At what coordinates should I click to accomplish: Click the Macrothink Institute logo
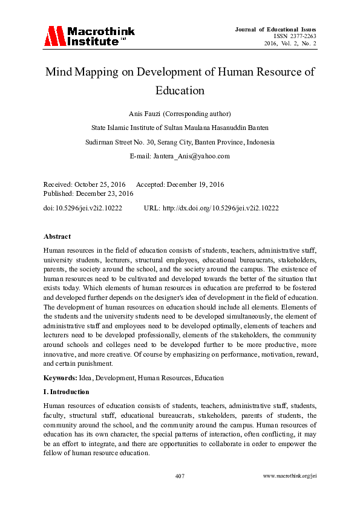[x=89, y=36]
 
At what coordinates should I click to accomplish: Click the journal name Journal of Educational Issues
[x=277, y=29]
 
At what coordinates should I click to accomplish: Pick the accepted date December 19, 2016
[x=195, y=184]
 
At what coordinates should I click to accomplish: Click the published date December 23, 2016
[x=106, y=193]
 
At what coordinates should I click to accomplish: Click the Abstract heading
[x=57, y=236]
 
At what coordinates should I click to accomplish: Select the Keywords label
[x=60, y=378]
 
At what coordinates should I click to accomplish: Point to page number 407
[x=180, y=476]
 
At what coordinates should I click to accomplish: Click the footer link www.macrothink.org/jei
[x=290, y=476]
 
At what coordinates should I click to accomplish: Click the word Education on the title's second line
[x=180, y=91]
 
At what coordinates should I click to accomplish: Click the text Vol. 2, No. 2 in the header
[x=299, y=44]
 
